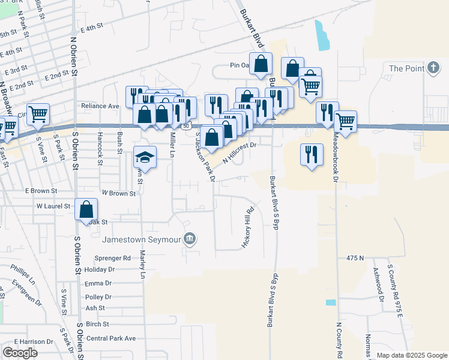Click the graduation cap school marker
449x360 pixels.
[144, 157]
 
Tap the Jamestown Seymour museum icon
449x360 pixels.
[190, 239]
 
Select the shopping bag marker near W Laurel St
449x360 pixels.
[86, 209]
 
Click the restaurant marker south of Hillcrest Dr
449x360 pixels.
[310, 155]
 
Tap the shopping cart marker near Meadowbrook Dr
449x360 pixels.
[345, 121]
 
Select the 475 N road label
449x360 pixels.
[355, 257]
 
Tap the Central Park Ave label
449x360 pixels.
[111, 339]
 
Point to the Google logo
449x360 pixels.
[20, 353]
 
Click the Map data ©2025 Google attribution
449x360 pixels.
[411, 355]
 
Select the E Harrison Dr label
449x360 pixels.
[34, 341]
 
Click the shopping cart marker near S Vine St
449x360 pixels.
[38, 113]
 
